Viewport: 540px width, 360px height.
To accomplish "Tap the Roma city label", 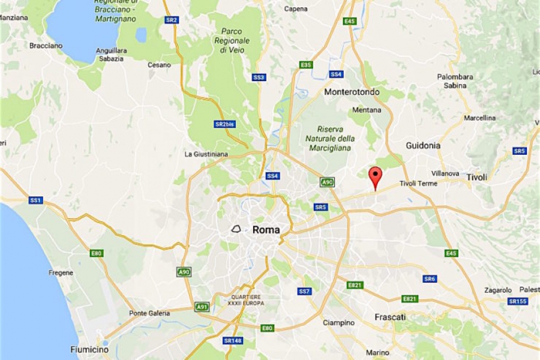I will [x=266, y=229].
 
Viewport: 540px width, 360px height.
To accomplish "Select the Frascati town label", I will [x=390, y=316].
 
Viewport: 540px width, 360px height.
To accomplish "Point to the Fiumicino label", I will [x=89, y=349].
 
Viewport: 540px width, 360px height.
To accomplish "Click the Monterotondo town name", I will [x=352, y=92].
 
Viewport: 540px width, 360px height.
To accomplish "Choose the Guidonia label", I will [x=423, y=145].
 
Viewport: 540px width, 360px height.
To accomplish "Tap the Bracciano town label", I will [x=46, y=45].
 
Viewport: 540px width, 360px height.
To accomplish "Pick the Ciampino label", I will [x=339, y=322].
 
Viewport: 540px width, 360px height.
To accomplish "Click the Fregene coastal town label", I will [x=61, y=272].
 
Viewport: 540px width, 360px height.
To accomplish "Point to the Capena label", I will [x=296, y=9].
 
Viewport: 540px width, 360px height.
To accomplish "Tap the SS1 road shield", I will [x=35, y=200].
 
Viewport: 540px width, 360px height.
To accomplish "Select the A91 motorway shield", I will [x=202, y=307].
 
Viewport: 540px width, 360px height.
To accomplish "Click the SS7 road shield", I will [x=305, y=291].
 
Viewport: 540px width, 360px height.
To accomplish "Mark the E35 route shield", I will [x=306, y=65].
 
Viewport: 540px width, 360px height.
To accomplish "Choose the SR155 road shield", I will [x=517, y=301].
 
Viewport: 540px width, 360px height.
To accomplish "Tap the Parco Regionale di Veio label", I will [x=230, y=40].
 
